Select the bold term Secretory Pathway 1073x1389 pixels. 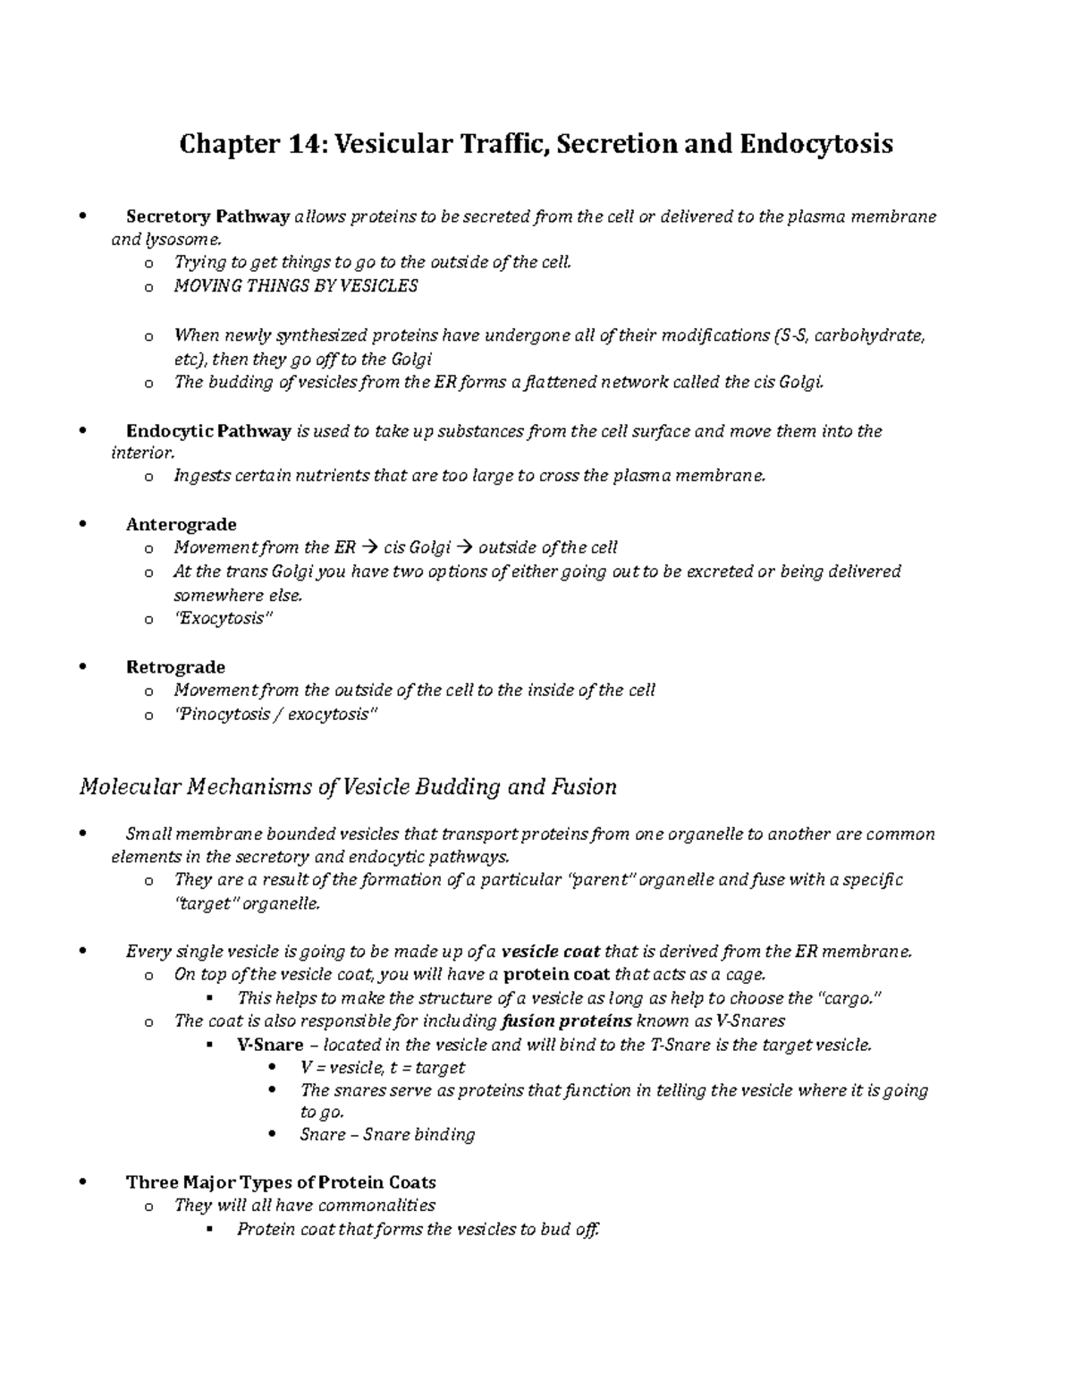[207, 216]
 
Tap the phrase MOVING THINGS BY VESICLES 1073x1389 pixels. [295, 286]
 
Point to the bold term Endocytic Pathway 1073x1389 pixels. [208, 431]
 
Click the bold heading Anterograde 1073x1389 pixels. [181, 524]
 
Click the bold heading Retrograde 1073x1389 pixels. [175, 667]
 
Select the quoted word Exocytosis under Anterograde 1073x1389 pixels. [221, 619]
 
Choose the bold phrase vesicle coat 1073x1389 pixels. [551, 952]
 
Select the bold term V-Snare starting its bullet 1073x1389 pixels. [270, 1045]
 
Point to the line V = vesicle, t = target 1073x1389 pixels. [383, 1068]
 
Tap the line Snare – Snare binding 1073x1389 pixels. [387, 1135]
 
